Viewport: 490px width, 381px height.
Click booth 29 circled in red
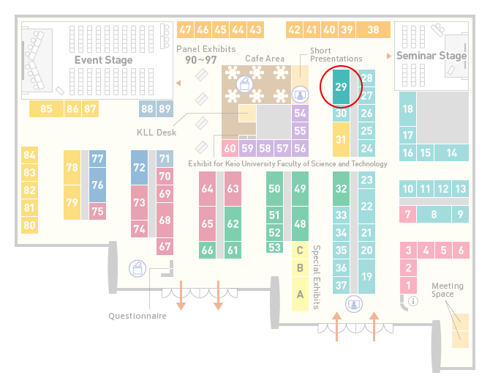[x=341, y=86]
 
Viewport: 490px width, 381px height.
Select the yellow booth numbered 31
[x=341, y=139]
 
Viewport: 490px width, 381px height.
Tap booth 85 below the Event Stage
[x=46, y=108]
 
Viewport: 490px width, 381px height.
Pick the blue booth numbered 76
[x=97, y=185]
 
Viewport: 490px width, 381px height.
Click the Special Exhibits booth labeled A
[x=300, y=294]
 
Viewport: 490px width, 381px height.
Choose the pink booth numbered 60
[x=230, y=148]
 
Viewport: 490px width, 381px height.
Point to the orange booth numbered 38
[x=374, y=30]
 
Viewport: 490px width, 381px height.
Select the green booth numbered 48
[x=300, y=223]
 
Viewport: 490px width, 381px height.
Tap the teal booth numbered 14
[x=451, y=153]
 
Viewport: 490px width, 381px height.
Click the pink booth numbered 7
[x=407, y=215]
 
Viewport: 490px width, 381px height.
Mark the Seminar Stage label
[x=431, y=56]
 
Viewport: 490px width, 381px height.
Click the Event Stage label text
[x=103, y=60]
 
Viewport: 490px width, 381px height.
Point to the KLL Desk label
[x=157, y=133]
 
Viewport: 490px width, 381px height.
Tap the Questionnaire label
[x=137, y=316]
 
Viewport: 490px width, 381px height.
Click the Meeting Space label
[x=448, y=290]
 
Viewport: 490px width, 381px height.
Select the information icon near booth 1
[x=413, y=301]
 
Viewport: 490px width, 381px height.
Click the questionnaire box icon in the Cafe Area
[x=245, y=84]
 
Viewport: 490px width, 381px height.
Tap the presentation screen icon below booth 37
[x=354, y=304]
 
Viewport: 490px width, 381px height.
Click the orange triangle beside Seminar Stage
[x=389, y=56]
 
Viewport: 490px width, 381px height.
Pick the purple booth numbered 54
[x=300, y=113]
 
